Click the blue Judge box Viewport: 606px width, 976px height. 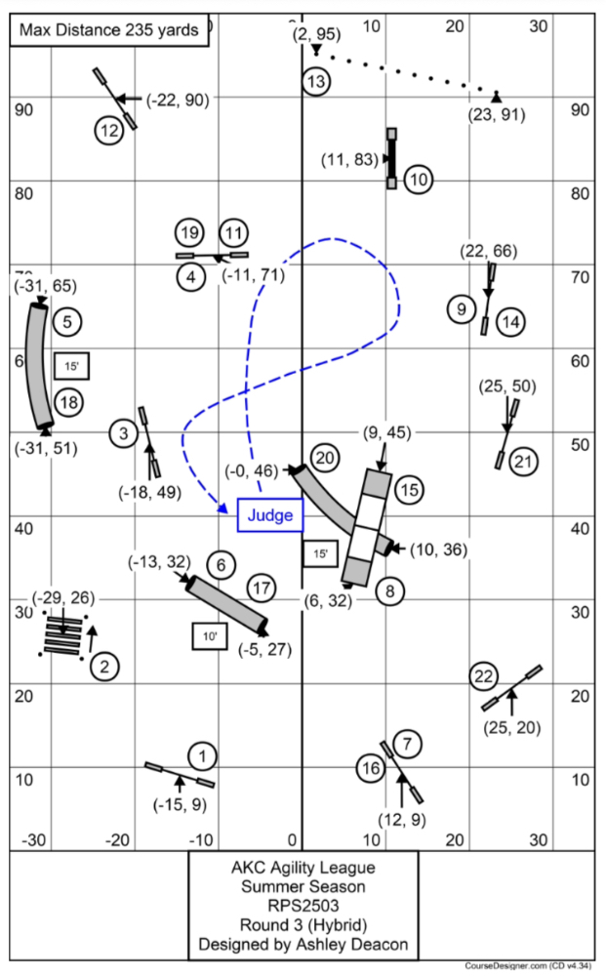coord(270,515)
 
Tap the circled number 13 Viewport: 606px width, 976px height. coord(315,82)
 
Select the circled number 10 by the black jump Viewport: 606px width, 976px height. coord(418,180)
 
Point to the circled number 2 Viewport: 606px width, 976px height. coord(103,667)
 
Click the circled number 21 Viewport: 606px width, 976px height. coord(524,461)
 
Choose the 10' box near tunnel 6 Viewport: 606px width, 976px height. coord(210,636)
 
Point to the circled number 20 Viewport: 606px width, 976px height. coord(325,458)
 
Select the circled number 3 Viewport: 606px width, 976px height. coord(123,432)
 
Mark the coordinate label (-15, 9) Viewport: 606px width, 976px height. coord(178,805)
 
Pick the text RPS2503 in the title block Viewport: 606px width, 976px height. coord(303,906)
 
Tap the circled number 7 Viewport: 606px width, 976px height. coord(409,745)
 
